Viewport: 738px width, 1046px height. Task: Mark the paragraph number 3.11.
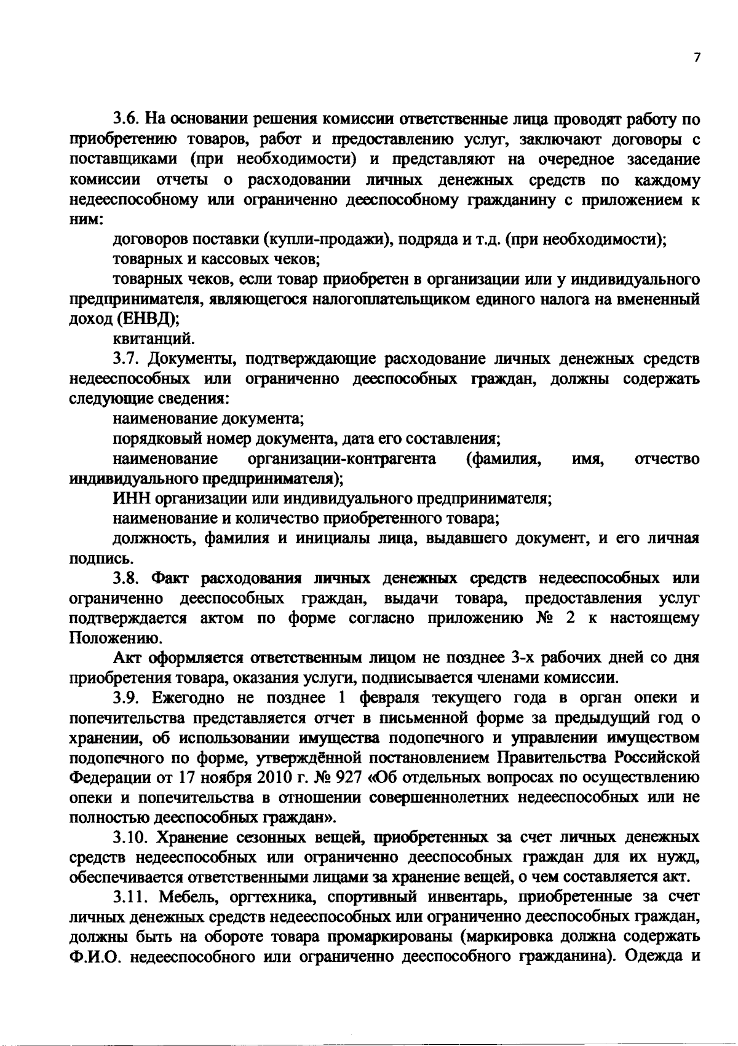[x=131, y=898]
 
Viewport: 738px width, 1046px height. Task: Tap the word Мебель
[x=186, y=898]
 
